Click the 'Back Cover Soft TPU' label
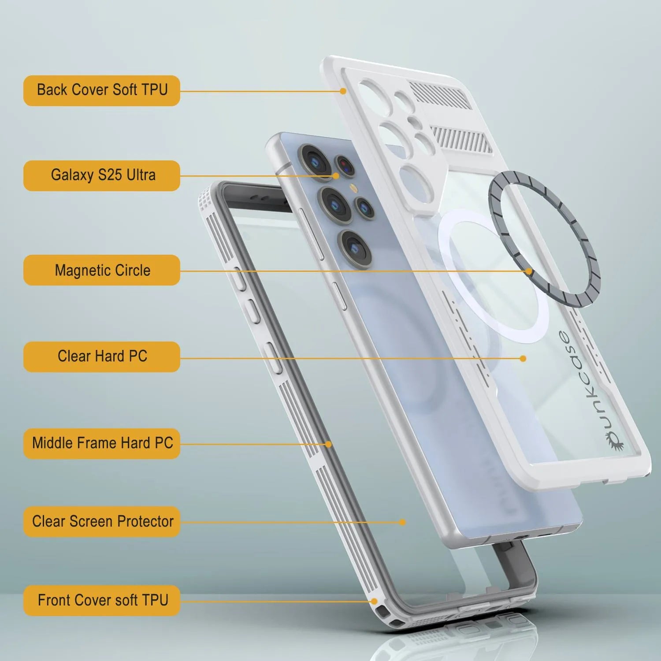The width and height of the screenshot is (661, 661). pos(102,90)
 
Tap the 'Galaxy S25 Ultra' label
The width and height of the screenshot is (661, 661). pos(102,175)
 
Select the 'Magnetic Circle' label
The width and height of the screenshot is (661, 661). pos(102,270)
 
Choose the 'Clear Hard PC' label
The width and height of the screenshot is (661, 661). pos(102,356)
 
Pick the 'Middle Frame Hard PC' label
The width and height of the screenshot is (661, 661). pos(102,443)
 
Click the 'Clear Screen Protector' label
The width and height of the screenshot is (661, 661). pos(102,521)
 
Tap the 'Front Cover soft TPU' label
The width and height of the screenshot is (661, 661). pos(102,600)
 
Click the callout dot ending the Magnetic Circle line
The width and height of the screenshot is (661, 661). pos(529,271)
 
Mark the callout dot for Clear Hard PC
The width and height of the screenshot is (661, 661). pos(523,358)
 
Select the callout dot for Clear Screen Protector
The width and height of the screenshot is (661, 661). pos(402,522)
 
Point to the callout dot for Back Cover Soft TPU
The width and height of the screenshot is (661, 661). pos(343,91)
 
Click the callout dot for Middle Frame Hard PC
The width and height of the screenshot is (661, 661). pos(328,444)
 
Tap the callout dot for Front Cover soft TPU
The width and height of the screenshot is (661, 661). pos(374,601)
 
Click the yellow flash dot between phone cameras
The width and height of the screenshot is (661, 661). pos(353,188)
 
